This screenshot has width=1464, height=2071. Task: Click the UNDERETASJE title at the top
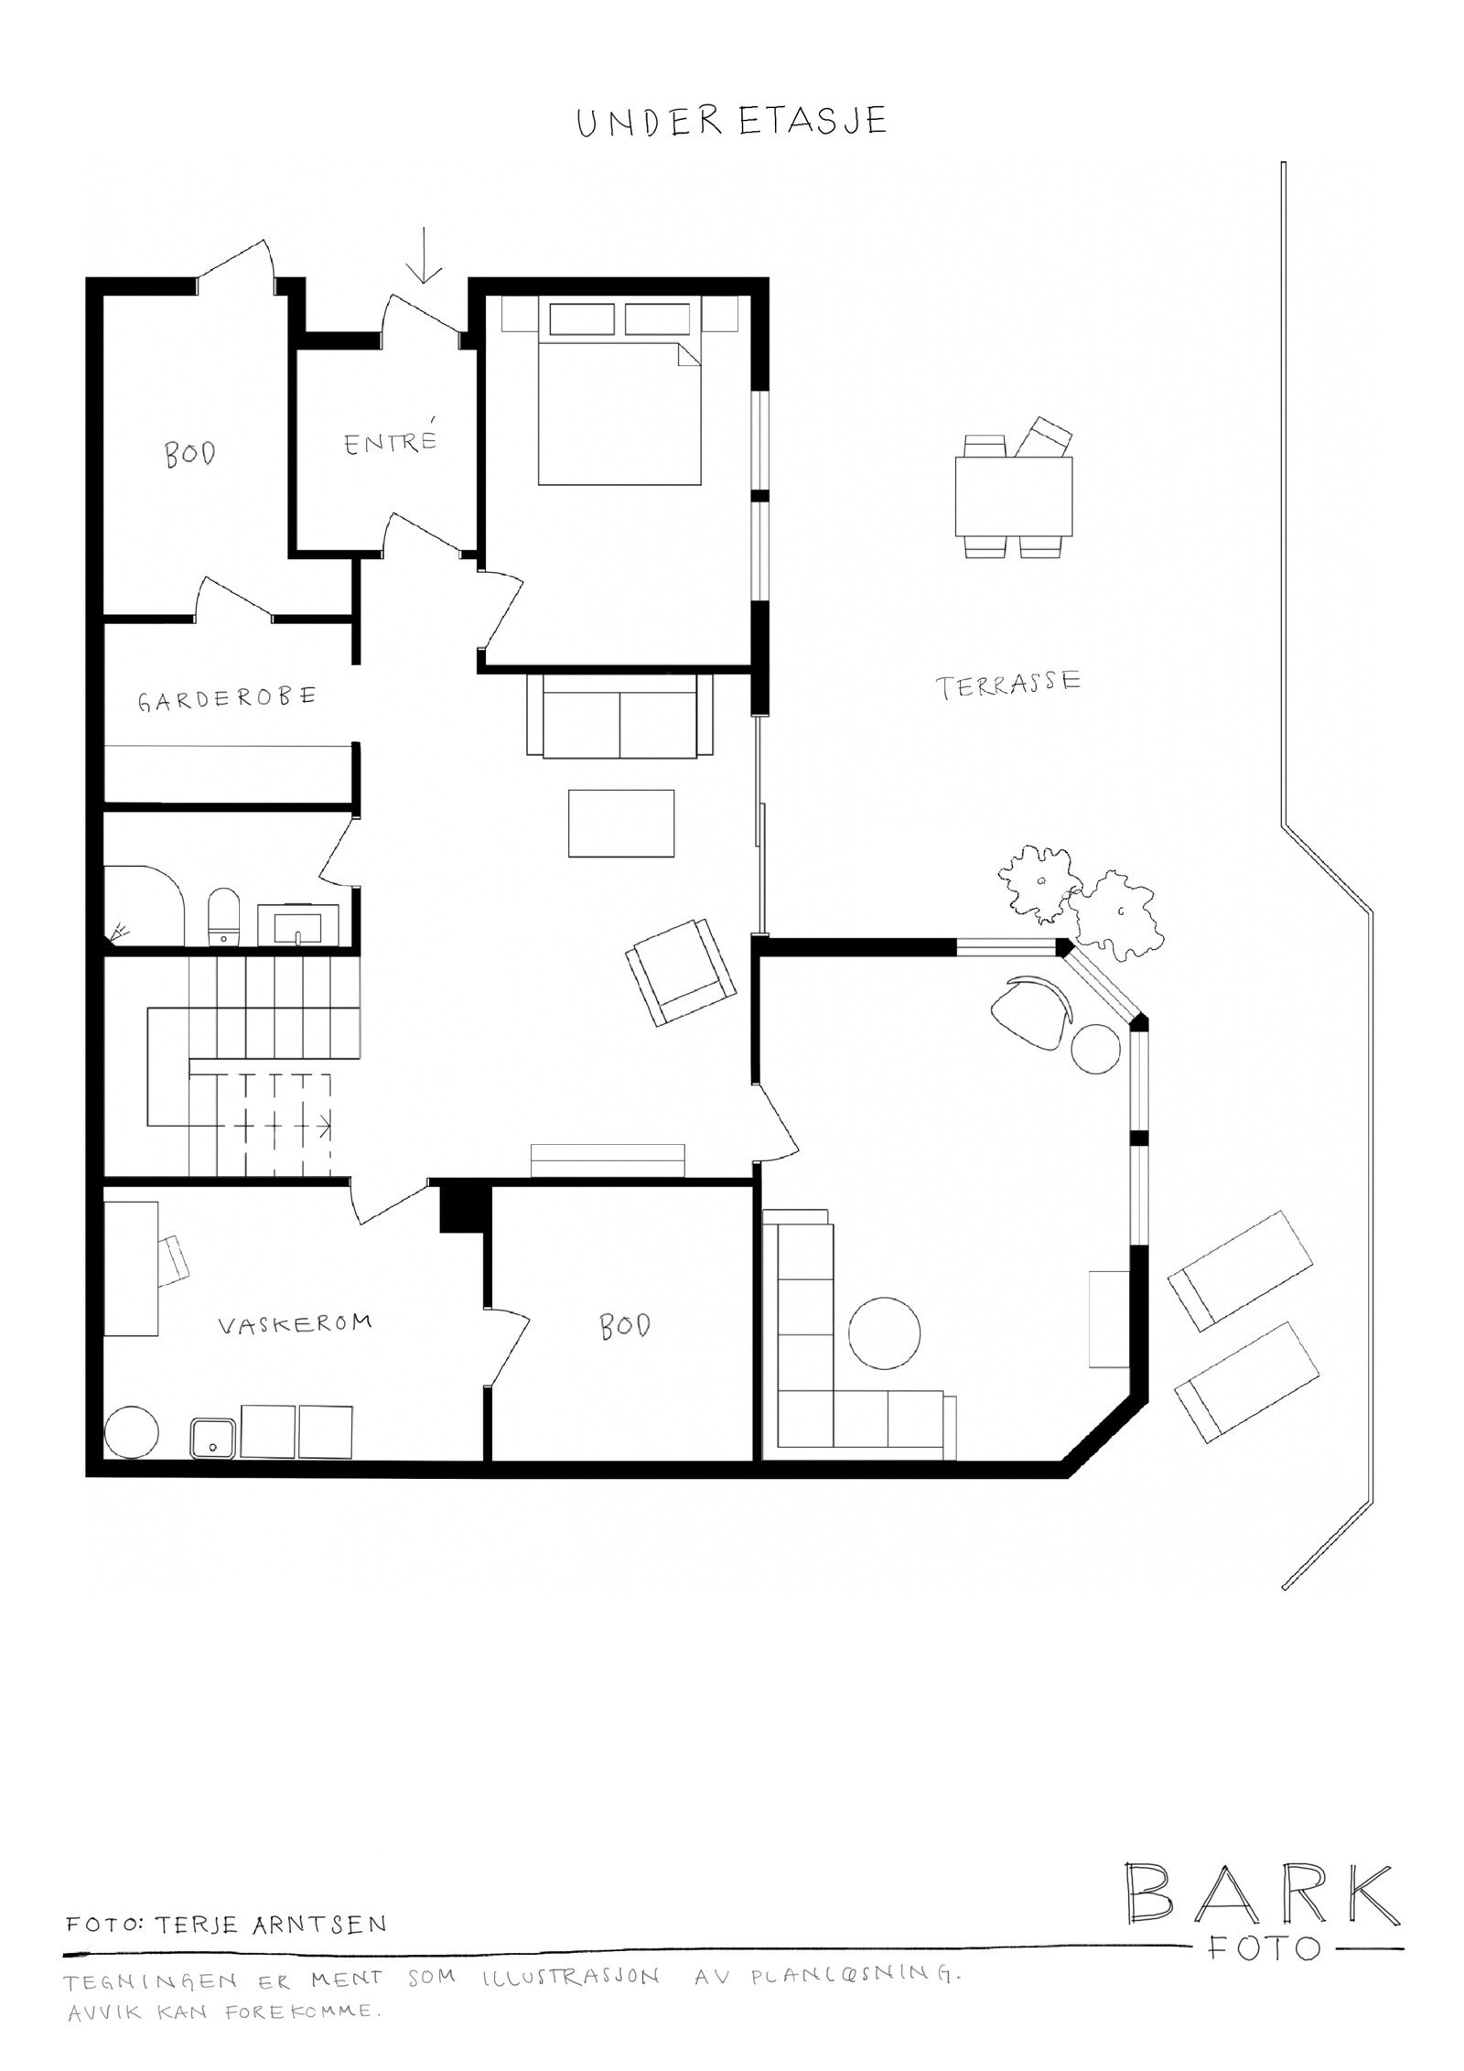[x=731, y=122]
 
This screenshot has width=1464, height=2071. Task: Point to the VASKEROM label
[x=295, y=1323]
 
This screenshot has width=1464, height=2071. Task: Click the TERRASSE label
[x=1008, y=685]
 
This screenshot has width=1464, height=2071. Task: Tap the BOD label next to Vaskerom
[x=625, y=1326]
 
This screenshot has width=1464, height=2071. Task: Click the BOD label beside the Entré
[x=190, y=454]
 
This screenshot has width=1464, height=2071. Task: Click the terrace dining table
[x=1013, y=496]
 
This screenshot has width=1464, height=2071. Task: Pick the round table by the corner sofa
[x=884, y=1333]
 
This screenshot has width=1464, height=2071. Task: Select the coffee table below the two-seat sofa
[x=620, y=822]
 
